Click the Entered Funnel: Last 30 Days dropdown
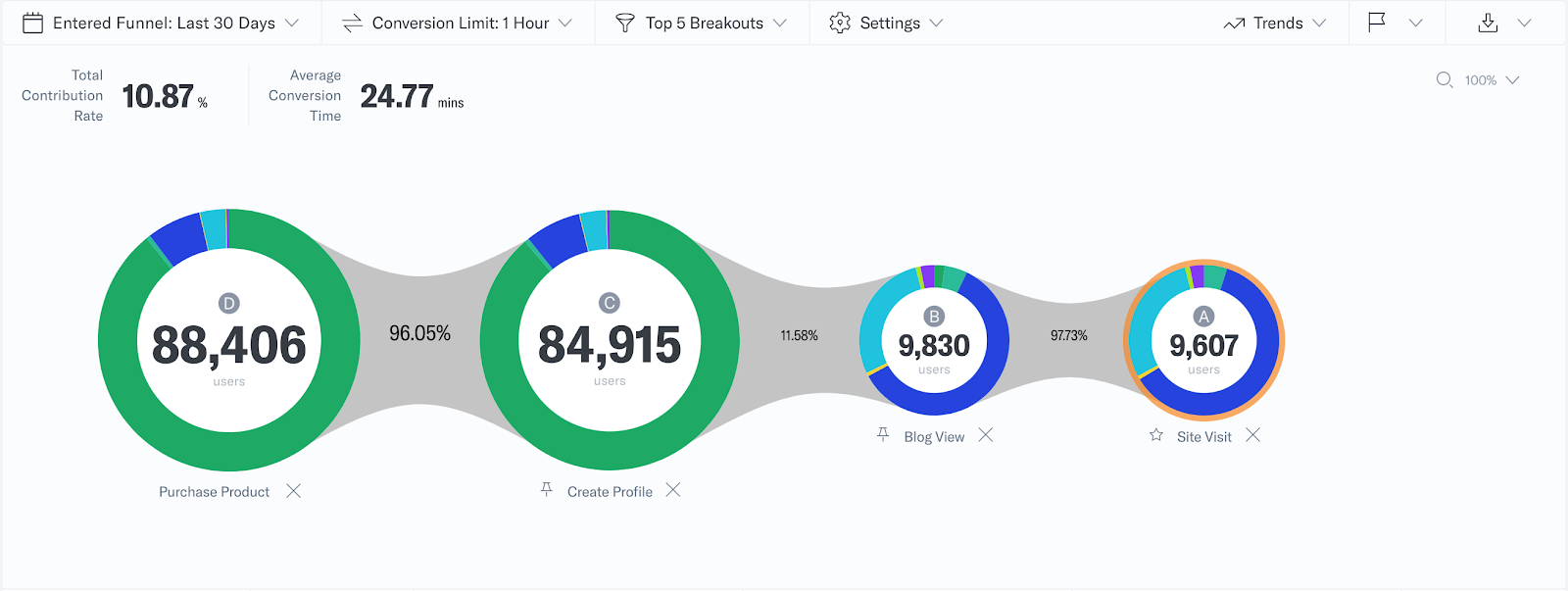tap(163, 23)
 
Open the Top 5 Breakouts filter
tap(702, 23)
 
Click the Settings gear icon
tap(840, 23)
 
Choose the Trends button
tap(1274, 23)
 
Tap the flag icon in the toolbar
tap(1377, 22)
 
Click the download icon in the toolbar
tap(1488, 23)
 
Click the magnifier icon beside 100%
tap(1445, 80)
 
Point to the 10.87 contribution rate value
tap(158, 96)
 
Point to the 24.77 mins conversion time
tap(397, 96)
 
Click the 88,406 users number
tap(229, 345)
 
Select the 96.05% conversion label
tap(419, 333)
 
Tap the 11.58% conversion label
tap(799, 335)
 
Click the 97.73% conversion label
tap(1069, 335)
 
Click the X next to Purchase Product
tap(293, 491)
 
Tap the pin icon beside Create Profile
tap(547, 490)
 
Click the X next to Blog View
tap(986, 435)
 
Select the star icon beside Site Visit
tap(1156, 435)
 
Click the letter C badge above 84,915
tap(610, 303)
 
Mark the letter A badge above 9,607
tap(1203, 316)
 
